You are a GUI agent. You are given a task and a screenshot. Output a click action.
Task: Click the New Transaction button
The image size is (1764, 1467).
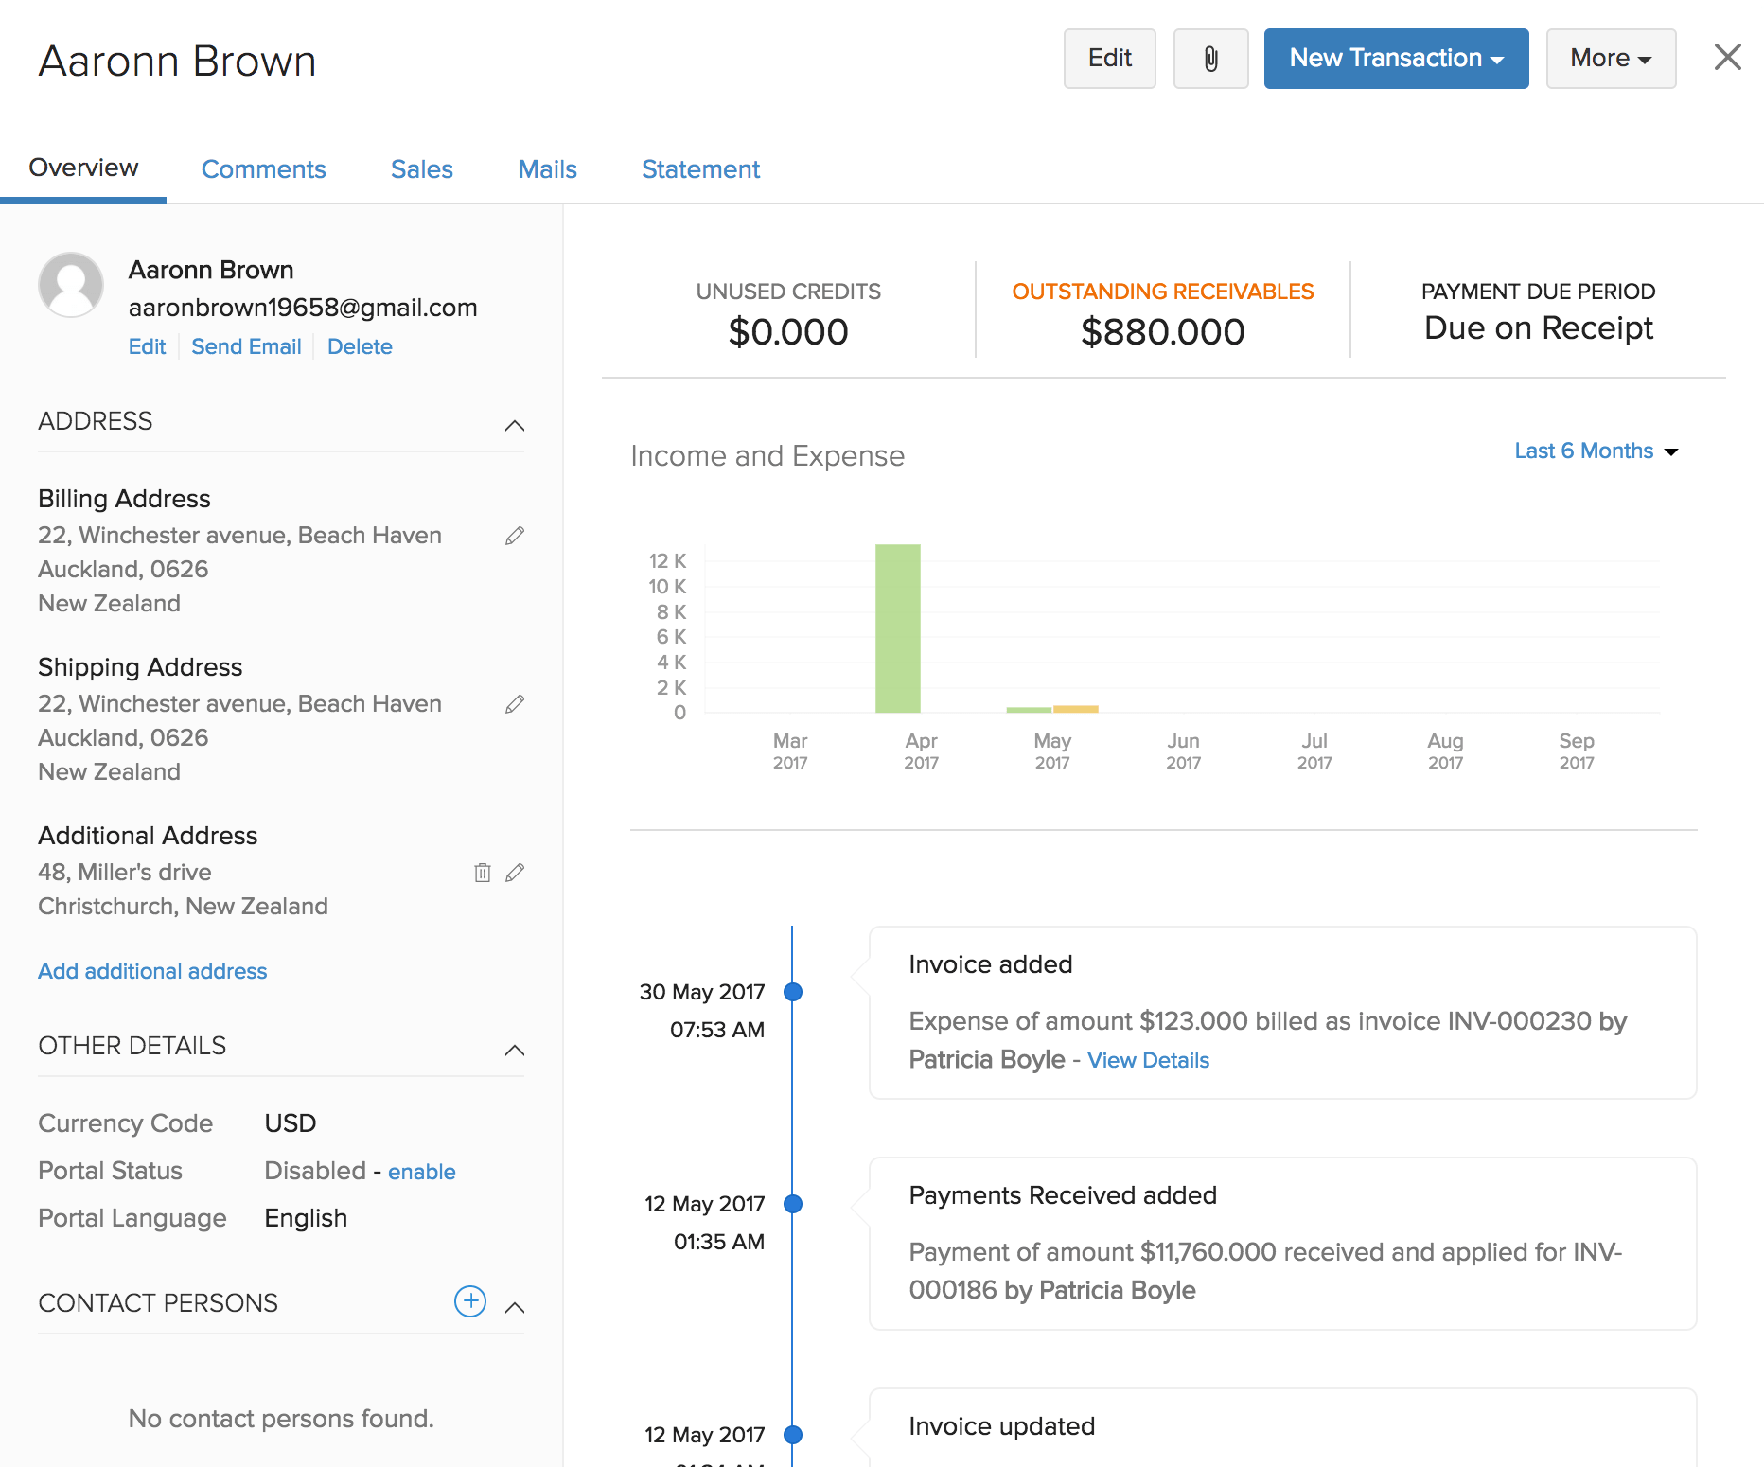(x=1395, y=59)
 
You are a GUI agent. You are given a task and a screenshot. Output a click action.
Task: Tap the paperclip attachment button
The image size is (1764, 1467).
(x=1210, y=59)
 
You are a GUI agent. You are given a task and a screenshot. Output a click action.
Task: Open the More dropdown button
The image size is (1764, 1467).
(x=1610, y=59)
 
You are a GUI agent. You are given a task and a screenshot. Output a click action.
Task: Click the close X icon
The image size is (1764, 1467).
(x=1727, y=58)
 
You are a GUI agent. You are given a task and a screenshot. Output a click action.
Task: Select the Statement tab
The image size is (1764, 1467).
(x=700, y=169)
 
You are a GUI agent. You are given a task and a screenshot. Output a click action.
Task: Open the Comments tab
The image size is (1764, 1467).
(x=263, y=169)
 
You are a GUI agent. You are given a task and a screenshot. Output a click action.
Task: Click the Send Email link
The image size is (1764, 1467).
(x=246, y=346)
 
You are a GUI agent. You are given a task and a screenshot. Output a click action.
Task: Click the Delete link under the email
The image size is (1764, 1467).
(x=360, y=346)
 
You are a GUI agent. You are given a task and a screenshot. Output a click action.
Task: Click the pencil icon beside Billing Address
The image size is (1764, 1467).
(x=515, y=536)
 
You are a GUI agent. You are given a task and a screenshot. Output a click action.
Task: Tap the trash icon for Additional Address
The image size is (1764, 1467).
(x=482, y=873)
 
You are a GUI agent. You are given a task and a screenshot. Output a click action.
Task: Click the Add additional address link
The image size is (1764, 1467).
(x=152, y=971)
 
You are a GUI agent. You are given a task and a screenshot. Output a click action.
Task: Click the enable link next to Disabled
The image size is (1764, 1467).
(x=421, y=1172)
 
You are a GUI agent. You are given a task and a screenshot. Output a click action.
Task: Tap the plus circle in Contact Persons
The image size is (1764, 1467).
(x=470, y=1301)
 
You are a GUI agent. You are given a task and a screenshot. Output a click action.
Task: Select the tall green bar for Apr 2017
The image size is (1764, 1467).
(x=897, y=628)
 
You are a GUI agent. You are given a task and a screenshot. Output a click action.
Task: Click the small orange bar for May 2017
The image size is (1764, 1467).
(x=1075, y=708)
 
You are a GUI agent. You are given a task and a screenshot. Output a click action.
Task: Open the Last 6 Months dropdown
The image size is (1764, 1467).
(x=1596, y=451)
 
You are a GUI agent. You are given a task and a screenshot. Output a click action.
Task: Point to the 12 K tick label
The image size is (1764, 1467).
(x=667, y=561)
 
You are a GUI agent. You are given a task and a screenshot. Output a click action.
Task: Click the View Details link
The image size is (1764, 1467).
(x=1148, y=1060)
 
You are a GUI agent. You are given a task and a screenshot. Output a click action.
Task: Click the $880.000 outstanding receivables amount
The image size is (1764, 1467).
(x=1162, y=332)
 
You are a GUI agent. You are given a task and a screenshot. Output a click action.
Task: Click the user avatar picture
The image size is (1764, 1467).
(x=71, y=284)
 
